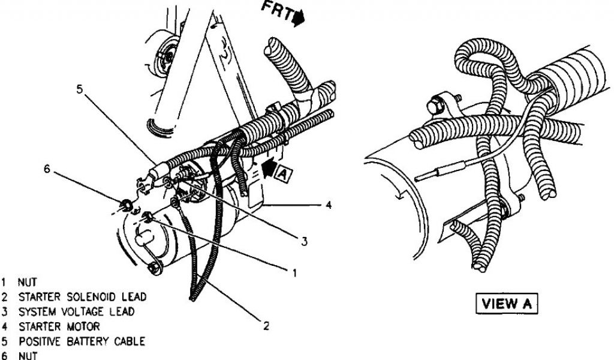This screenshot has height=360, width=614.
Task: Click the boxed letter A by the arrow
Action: coord(282,173)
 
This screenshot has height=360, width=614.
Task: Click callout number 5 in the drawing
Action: coord(80,89)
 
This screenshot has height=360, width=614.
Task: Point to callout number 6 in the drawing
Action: coord(47,169)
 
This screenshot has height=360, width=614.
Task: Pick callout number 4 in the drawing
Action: coord(328,205)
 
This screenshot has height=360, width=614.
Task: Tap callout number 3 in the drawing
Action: coord(304,242)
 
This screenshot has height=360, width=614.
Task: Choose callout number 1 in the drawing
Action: coord(294,273)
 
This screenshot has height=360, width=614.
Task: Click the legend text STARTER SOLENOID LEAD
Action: coord(82,297)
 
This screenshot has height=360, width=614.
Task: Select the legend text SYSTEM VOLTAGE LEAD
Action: coord(76,312)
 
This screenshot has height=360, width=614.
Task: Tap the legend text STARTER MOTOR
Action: coord(59,327)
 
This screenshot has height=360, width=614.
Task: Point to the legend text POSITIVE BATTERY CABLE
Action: coord(82,341)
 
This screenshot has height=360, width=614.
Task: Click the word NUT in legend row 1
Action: coord(28,281)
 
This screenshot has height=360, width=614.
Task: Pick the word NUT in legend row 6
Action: coord(28,356)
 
